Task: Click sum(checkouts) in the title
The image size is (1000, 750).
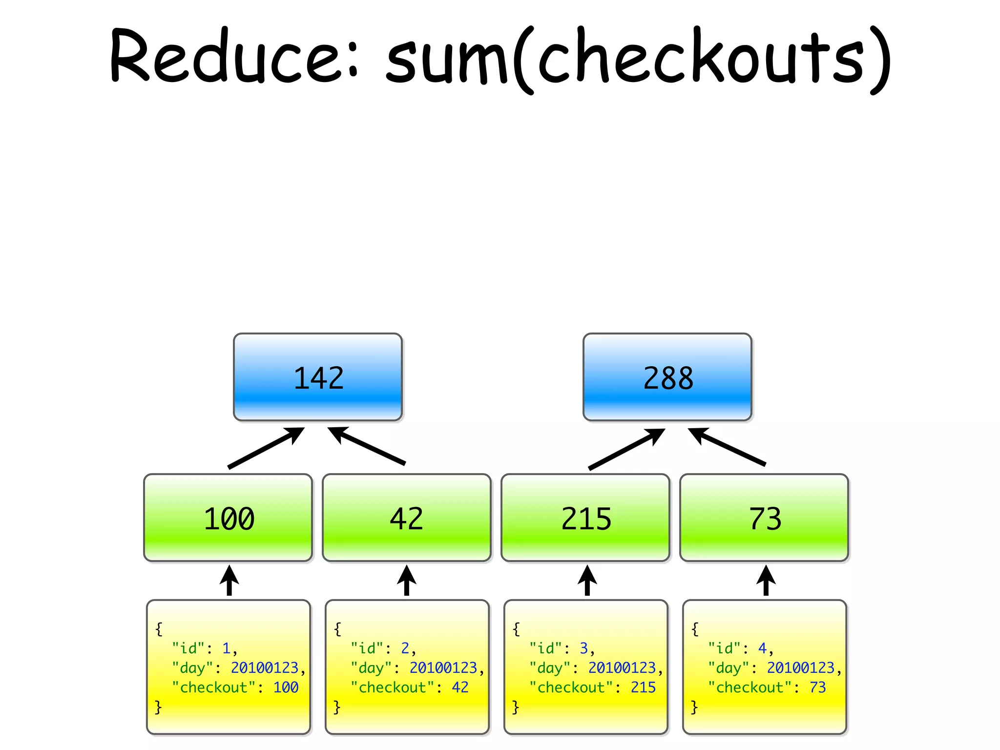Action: tap(637, 59)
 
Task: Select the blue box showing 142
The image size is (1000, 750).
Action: tap(318, 377)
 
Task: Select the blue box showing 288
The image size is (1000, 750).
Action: tap(667, 377)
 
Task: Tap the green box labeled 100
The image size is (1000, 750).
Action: tap(228, 518)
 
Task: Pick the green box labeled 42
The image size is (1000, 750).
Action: tap(407, 518)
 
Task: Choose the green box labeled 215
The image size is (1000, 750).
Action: tap(585, 518)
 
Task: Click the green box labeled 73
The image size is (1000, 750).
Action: tap(764, 518)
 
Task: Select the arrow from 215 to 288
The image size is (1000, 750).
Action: tap(626, 449)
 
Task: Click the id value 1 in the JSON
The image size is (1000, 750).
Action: tap(226, 648)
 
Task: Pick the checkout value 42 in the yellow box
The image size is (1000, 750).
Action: tap(460, 687)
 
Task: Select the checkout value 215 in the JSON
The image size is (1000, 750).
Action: tap(643, 687)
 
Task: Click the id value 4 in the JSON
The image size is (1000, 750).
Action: tap(762, 648)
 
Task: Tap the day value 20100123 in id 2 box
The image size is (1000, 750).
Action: tap(443, 667)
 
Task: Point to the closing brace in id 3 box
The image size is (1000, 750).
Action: tap(515, 707)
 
